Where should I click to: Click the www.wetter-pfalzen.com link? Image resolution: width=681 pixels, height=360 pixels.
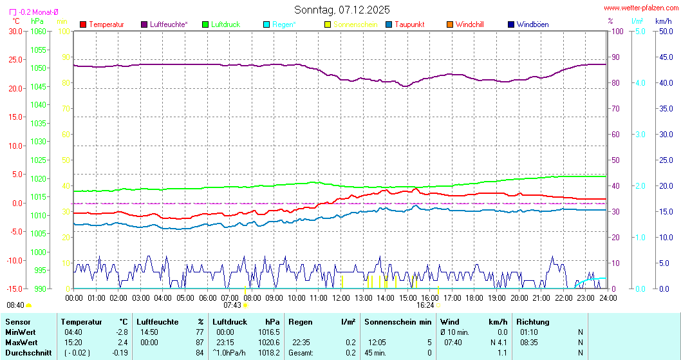pos(640,8)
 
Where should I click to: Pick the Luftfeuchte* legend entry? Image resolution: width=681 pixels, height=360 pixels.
pos(168,24)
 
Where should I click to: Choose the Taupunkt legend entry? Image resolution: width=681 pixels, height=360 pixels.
pos(409,24)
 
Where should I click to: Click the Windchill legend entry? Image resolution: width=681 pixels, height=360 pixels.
pos(469,24)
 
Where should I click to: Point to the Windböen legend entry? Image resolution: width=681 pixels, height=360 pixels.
pos(532,24)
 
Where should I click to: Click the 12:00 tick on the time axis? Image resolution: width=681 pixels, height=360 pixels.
pos(341,298)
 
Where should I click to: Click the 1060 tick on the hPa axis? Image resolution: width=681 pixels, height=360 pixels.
pos(38,31)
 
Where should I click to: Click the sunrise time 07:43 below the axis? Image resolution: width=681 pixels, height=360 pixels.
pos(232,305)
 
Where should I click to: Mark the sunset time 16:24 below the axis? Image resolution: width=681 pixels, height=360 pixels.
pos(425,305)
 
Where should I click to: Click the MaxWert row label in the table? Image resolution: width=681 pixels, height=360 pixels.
pos(21,342)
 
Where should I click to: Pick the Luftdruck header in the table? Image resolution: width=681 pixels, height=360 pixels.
pos(229,321)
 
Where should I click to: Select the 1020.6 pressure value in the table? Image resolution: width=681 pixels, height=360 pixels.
pos(268,342)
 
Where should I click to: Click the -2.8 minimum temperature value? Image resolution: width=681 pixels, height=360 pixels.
pos(121,332)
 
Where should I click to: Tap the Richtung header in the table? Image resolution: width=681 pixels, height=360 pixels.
pos(533,321)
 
